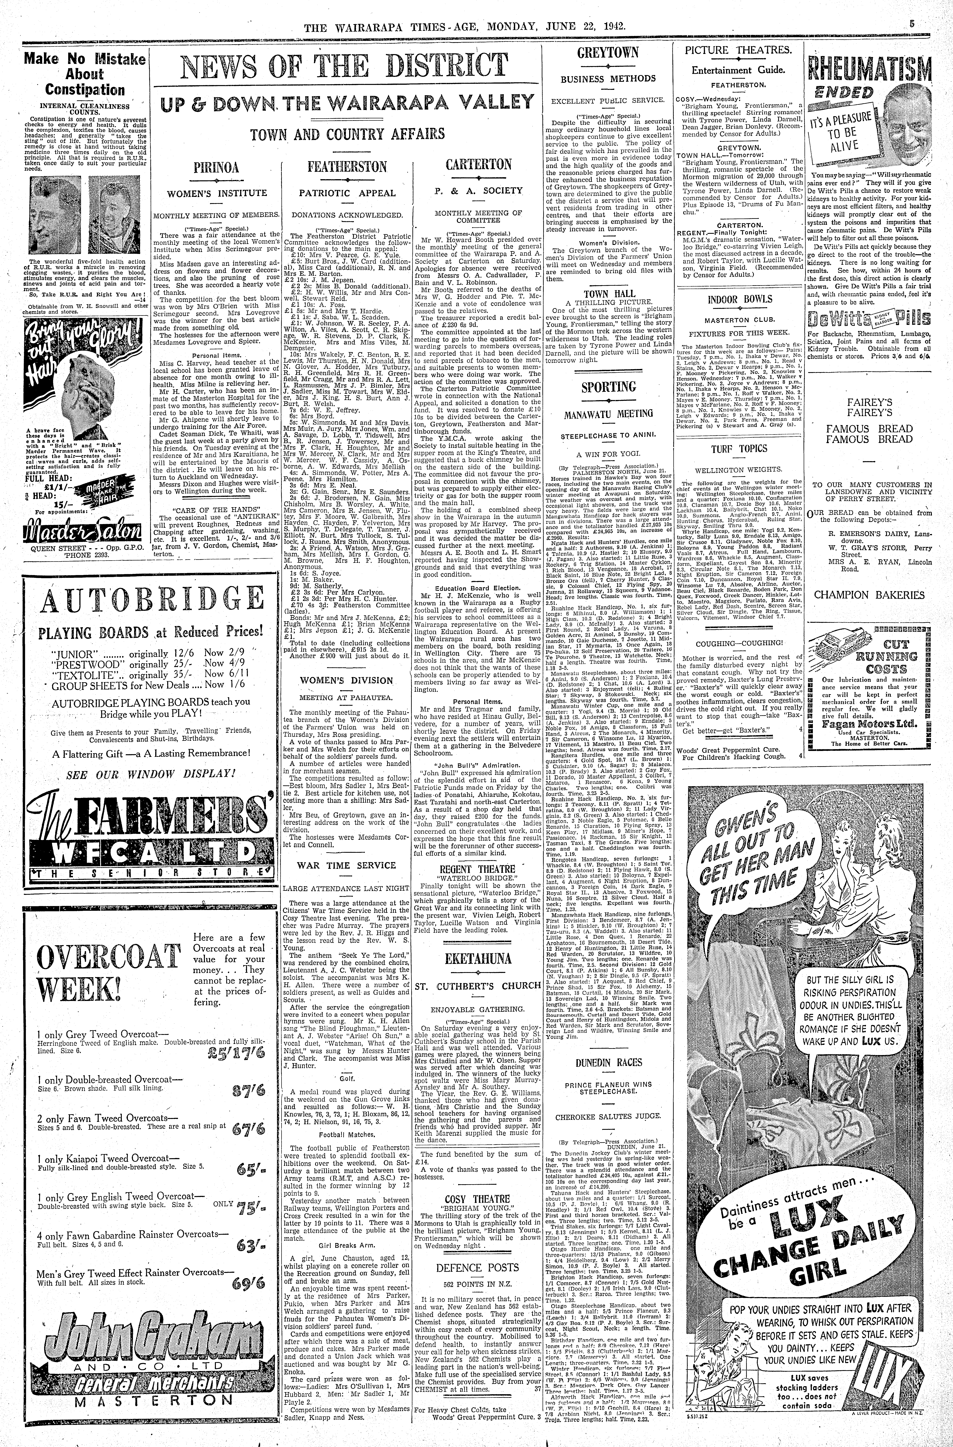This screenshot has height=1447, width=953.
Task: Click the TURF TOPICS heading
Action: pyautogui.click(x=740, y=449)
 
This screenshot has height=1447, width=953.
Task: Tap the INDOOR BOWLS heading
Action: pyautogui.click(x=740, y=299)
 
